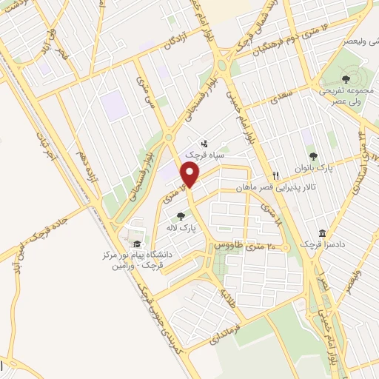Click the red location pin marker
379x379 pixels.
point(191,175)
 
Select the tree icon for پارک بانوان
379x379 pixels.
point(313,156)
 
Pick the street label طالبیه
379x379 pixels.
point(225,298)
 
